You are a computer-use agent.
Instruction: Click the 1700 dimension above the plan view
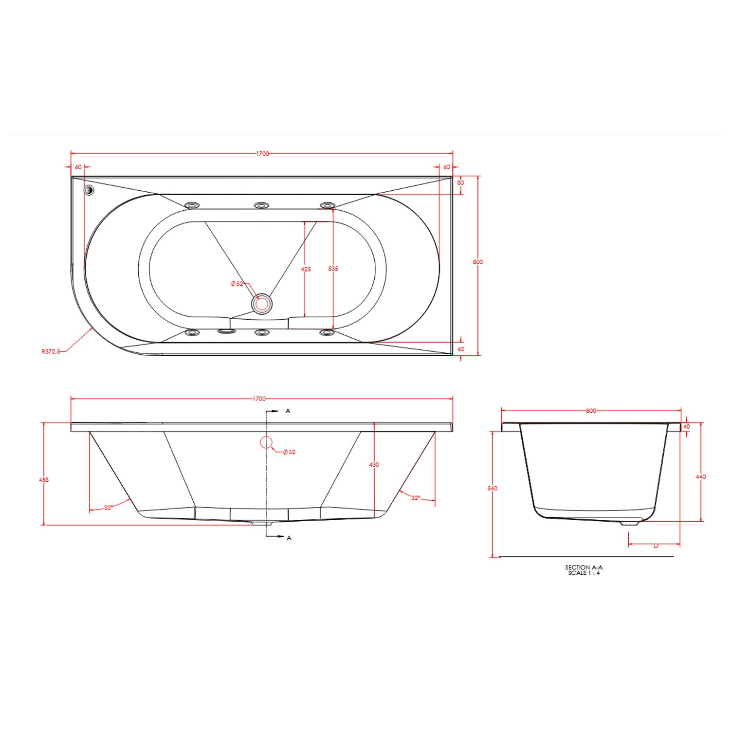pos(262,153)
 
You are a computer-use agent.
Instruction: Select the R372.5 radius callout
pos(51,351)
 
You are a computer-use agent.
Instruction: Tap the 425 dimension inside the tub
pos(306,269)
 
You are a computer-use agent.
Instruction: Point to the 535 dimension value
pos(333,269)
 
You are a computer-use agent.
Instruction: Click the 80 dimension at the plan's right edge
pos(460,183)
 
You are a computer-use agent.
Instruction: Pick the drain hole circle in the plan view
pos(262,304)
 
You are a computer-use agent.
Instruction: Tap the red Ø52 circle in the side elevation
pos(266,442)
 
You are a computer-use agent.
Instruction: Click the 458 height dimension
pos(44,479)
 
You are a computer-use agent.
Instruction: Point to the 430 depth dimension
pos(374,465)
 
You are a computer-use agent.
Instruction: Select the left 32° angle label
pos(109,508)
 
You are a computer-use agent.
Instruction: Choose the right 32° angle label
pos(416,498)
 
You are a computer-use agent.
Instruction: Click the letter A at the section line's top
pos(288,411)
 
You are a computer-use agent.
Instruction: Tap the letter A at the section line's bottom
pos(289,538)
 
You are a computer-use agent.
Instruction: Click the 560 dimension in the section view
pos(493,488)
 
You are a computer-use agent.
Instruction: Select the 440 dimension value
pos(700,476)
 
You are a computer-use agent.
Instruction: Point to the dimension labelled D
pos(656,546)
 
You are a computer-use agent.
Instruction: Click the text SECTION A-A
pos(584,567)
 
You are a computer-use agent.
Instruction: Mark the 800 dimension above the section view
pos(591,411)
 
